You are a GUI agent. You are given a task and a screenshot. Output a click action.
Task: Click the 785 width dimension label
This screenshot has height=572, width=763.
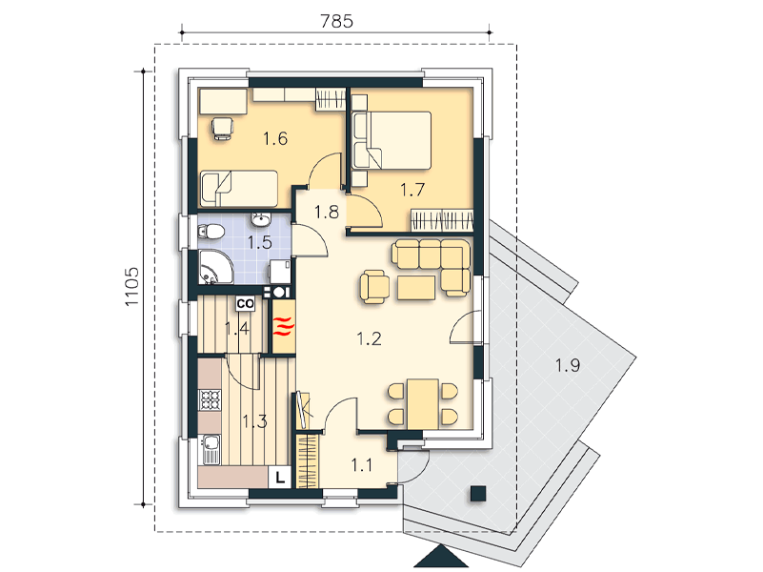(x=336, y=21)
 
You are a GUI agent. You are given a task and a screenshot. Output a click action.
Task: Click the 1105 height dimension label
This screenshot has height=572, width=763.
(x=131, y=286)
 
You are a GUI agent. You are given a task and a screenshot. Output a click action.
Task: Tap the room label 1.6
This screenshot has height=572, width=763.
(x=275, y=139)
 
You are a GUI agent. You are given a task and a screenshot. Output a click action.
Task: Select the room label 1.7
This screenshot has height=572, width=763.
(x=412, y=190)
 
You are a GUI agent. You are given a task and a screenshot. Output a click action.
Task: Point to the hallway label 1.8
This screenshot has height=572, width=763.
(x=326, y=212)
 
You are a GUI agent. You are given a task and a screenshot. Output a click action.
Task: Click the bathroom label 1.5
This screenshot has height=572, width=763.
(x=260, y=242)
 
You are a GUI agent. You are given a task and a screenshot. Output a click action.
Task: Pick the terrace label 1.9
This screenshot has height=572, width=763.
(x=568, y=364)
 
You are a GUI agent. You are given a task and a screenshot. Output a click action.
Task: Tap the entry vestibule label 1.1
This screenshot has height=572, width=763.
(x=362, y=465)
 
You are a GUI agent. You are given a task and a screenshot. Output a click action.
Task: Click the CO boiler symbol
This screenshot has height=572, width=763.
(x=245, y=304)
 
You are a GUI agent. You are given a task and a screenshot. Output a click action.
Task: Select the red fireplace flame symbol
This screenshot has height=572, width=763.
(x=283, y=326)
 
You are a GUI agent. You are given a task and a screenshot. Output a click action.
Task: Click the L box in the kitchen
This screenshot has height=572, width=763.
(x=280, y=478)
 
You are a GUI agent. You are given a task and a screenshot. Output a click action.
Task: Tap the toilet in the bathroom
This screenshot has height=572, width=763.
(x=210, y=232)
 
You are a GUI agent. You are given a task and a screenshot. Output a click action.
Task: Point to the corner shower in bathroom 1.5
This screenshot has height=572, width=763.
(x=214, y=266)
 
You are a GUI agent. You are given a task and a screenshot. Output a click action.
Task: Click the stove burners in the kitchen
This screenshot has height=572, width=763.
(x=210, y=400)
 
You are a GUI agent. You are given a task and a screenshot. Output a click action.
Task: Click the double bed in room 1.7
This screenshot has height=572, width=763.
(x=392, y=140)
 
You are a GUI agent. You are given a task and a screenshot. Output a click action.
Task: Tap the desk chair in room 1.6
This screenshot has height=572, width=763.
(x=222, y=129)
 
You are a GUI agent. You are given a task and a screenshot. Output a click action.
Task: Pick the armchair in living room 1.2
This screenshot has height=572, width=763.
(x=374, y=287)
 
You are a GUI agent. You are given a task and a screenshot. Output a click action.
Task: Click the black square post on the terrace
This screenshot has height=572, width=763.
(x=478, y=494)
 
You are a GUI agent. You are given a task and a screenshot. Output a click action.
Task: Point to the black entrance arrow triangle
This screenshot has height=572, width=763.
(x=441, y=557)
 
